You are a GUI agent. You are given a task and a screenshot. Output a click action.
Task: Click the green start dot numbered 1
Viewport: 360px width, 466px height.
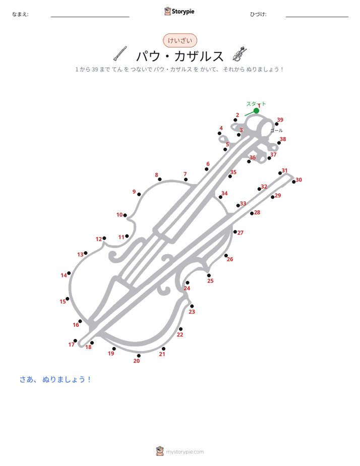[x=256, y=110]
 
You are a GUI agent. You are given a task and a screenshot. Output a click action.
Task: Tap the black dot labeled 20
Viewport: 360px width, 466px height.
[x=139, y=356]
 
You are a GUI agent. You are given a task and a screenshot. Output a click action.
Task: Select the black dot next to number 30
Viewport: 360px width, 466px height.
[x=294, y=182]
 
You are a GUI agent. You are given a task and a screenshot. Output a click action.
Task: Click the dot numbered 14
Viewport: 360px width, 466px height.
[x=69, y=273]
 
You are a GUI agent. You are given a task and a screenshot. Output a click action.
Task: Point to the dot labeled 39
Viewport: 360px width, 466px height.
[x=276, y=124]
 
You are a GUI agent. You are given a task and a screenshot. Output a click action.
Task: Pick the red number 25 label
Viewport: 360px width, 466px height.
[x=210, y=281]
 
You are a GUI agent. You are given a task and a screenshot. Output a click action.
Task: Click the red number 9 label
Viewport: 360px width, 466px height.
[x=134, y=192]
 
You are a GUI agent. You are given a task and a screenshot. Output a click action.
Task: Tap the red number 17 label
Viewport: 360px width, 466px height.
[x=71, y=344]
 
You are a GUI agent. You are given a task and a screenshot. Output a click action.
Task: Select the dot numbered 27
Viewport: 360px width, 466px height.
[x=235, y=232]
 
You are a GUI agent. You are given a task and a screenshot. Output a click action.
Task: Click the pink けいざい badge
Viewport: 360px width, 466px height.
[x=180, y=40]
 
